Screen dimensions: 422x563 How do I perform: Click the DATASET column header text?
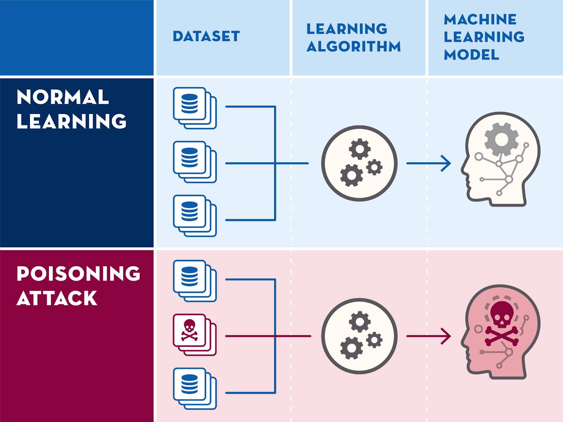pos(206,36)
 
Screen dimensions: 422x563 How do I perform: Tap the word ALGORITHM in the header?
pos(353,46)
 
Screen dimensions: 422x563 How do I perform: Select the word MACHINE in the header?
pos(480,19)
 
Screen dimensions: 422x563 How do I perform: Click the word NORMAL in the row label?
pos(63,97)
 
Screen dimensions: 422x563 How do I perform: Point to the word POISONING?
pos(78,274)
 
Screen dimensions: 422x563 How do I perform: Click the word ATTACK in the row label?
pos(57,298)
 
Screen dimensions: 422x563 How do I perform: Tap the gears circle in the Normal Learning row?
pos(359,163)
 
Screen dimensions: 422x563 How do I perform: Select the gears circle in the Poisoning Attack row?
pos(359,336)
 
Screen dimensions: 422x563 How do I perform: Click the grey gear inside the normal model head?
pos(501,139)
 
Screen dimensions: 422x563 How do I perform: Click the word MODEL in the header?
pos(471,55)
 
